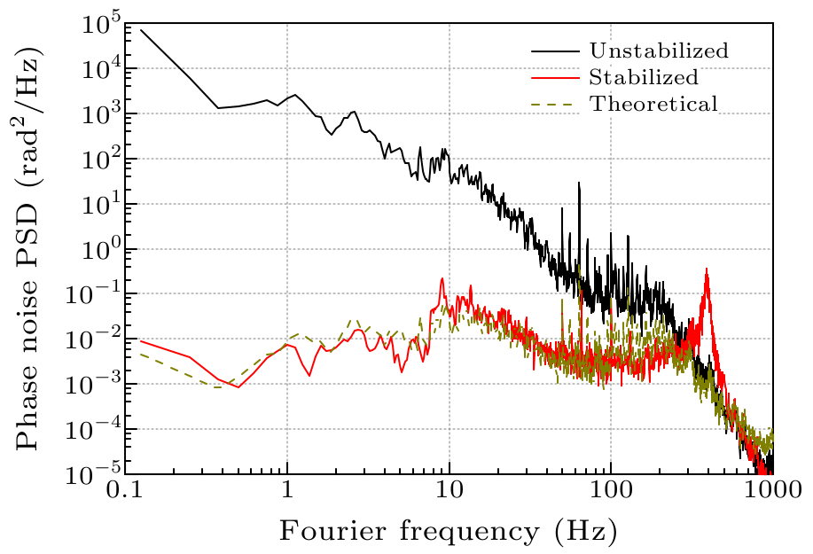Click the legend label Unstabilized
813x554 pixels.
[x=658, y=51]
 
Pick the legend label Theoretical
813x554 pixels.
[x=653, y=104]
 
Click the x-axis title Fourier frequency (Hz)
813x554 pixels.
[x=448, y=532]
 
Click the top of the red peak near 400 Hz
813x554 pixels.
[x=707, y=269]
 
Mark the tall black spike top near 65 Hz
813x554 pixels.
[x=579, y=183]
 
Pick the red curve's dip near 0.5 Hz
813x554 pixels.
[x=238, y=387]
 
